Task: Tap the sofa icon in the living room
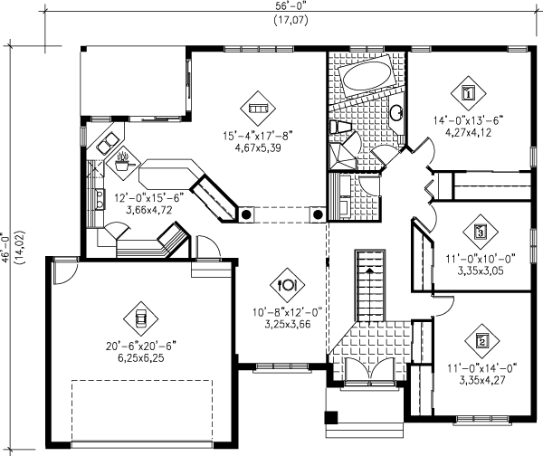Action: pos(258,108)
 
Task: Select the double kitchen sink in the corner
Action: pos(108,145)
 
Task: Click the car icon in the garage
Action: pos(141,317)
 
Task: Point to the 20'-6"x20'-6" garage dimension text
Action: pos(141,345)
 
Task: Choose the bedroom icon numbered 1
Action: pos(468,91)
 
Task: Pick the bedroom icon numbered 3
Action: pos(481,232)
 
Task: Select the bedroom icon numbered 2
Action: pos(481,341)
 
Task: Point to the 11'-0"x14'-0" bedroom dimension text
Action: pos(482,368)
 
